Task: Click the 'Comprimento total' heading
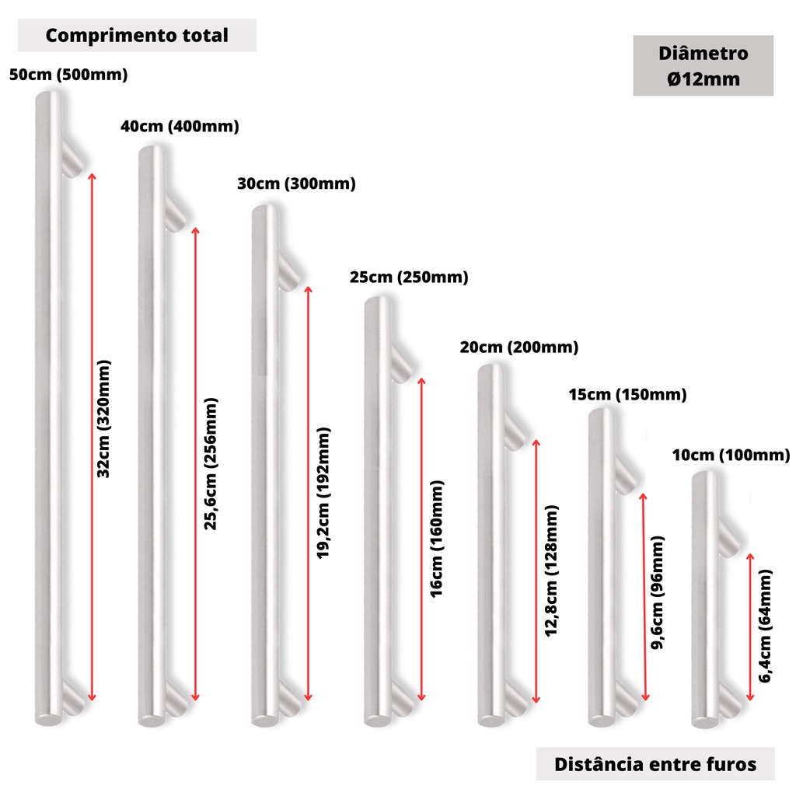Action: click(137, 36)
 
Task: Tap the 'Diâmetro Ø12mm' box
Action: click(703, 65)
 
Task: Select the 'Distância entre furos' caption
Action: click(655, 764)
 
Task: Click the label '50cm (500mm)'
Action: click(68, 75)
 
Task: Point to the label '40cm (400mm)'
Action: click(180, 126)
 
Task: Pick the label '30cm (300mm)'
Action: click(296, 183)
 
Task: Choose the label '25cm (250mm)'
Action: click(409, 278)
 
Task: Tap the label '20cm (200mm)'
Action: click(519, 347)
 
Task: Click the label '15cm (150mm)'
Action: click(627, 394)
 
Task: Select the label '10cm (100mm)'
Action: click(731, 455)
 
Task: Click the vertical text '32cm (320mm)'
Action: click(103, 419)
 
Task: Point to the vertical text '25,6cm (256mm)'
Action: click(211, 464)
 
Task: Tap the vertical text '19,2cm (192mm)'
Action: click(323, 493)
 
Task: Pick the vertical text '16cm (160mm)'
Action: click(437, 539)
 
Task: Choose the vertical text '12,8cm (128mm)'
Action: click(551, 571)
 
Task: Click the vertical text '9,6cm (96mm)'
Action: click(657, 592)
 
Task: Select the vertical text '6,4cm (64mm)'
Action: click(765, 626)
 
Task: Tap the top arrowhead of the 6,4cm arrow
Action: click(750, 557)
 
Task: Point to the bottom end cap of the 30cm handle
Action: click(265, 720)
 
